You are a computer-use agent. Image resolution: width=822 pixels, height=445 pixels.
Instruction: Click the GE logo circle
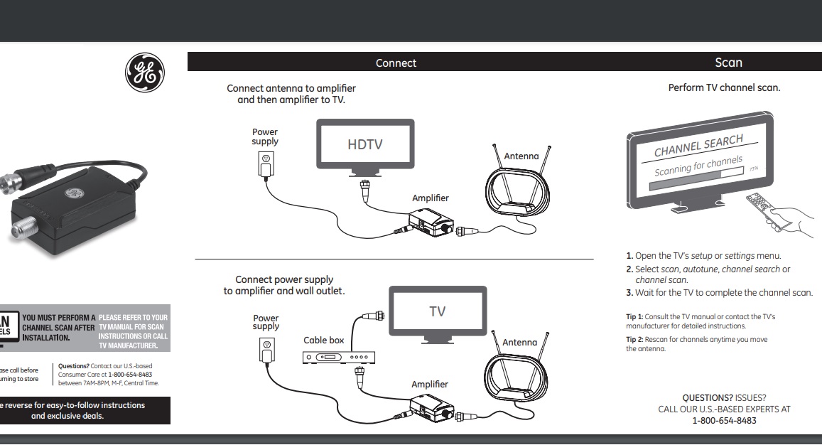(x=145, y=73)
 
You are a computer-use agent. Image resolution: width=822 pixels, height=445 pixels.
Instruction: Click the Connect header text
(x=396, y=63)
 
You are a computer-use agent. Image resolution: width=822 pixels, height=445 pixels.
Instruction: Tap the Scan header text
(x=728, y=63)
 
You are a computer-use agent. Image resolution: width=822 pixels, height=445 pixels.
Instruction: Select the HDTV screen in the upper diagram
(x=365, y=144)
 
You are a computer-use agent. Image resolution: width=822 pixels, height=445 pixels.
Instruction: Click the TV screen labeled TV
(x=438, y=311)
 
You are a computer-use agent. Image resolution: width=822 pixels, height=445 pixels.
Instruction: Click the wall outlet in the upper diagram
(x=266, y=163)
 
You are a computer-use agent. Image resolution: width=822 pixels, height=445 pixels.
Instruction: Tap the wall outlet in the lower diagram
(x=267, y=349)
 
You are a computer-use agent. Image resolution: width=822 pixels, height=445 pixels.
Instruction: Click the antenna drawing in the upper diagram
(x=517, y=187)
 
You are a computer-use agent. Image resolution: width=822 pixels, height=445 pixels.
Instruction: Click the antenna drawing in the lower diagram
(x=517, y=372)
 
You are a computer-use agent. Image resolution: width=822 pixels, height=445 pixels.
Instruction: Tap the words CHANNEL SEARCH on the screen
(x=698, y=146)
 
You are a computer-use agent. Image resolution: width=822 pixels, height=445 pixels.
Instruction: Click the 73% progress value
(x=755, y=170)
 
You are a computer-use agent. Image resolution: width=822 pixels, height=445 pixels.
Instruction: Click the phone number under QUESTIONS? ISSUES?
(x=724, y=421)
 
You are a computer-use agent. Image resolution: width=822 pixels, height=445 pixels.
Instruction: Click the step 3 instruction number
(x=629, y=293)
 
